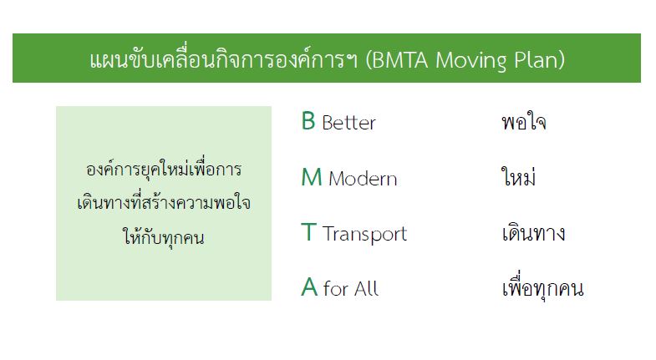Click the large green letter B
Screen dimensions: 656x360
308,121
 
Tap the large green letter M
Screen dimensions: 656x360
312,177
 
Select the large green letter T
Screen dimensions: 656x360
308,232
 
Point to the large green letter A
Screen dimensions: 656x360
309,287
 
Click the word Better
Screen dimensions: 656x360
349,123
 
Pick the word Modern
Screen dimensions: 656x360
363,179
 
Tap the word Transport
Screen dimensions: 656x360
365,234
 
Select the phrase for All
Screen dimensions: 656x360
351,288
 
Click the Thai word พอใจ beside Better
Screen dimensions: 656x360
524,122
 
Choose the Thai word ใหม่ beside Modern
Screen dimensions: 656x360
518,176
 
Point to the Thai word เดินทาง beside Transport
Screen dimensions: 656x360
533,233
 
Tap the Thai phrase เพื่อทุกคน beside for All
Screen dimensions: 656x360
542,286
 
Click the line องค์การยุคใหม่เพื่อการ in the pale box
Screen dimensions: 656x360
164,169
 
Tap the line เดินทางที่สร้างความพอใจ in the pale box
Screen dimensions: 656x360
164,202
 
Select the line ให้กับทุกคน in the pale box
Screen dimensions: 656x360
164,237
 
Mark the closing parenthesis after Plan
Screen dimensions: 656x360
561,60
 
